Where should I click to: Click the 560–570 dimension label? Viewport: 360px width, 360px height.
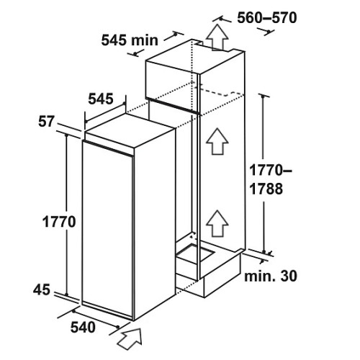[x=267, y=18]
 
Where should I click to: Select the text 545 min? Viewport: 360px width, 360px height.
[x=130, y=40]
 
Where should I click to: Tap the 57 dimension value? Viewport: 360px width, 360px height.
[x=46, y=122]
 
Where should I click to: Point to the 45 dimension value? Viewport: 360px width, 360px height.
[x=42, y=289]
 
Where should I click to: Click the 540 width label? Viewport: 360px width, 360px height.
[x=83, y=327]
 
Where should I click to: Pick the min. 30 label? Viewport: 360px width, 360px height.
[x=271, y=276]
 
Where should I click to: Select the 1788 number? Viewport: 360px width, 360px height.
[x=266, y=189]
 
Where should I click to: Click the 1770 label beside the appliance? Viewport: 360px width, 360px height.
[x=59, y=222]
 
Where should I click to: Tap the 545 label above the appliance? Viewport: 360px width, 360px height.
[x=101, y=99]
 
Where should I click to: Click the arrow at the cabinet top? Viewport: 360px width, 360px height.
[x=217, y=37]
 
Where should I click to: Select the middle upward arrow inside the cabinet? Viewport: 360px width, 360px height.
[x=217, y=142]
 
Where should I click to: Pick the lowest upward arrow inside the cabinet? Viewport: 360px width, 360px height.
[x=217, y=223]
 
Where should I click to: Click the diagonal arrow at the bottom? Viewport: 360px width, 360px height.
[x=130, y=338]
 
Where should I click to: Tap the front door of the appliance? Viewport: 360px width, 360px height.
[x=107, y=230]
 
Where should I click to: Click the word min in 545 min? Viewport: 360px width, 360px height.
[x=145, y=40]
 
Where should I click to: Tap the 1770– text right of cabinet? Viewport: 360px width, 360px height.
[x=271, y=170]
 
